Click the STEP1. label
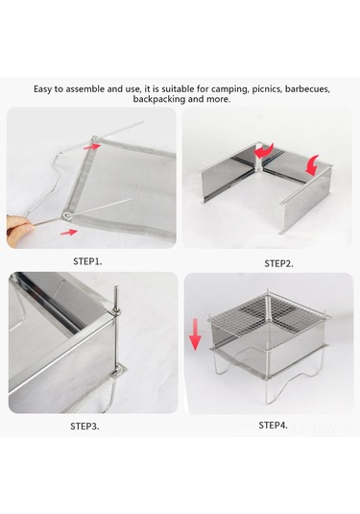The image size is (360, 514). pos(87,261)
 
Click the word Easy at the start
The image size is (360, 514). pos(44,88)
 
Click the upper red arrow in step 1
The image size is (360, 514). pos(91,147)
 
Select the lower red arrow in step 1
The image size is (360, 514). pos(70,233)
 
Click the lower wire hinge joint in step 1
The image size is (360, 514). pos(65,212)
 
